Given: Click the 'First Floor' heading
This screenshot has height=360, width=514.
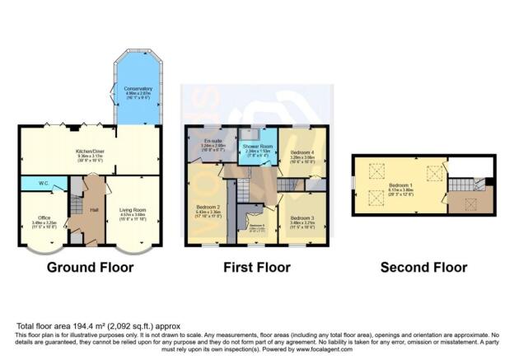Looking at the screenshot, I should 257,268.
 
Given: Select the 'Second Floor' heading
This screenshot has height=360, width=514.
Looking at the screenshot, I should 423,268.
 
